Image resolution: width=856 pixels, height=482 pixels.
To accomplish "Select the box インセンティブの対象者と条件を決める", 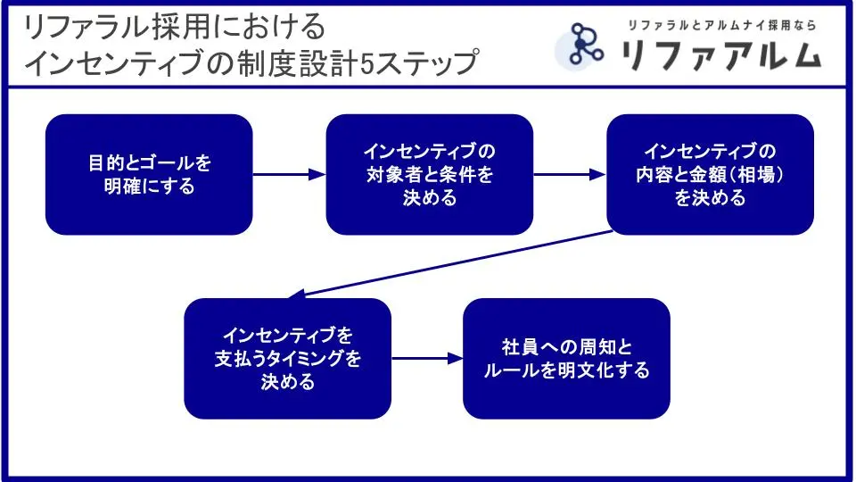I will [x=429, y=175].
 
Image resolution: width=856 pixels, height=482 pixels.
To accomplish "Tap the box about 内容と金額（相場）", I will [x=710, y=175].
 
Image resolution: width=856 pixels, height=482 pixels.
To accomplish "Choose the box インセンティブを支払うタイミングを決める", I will [x=287, y=359].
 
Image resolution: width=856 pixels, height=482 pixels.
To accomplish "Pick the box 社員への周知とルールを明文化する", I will [x=565, y=359].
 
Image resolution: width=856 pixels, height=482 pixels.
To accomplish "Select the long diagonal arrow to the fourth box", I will [x=455, y=263].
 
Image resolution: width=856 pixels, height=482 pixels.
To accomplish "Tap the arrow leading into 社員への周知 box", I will [x=426, y=359].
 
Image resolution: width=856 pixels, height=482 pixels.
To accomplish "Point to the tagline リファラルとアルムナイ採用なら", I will [x=721, y=25].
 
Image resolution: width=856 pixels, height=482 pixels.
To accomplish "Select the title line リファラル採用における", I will [x=175, y=28].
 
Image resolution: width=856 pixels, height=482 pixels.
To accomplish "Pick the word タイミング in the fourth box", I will [x=308, y=359].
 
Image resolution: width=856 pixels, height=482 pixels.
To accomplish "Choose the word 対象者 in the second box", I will [x=396, y=175].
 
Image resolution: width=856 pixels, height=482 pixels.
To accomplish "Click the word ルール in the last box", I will [x=513, y=370].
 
